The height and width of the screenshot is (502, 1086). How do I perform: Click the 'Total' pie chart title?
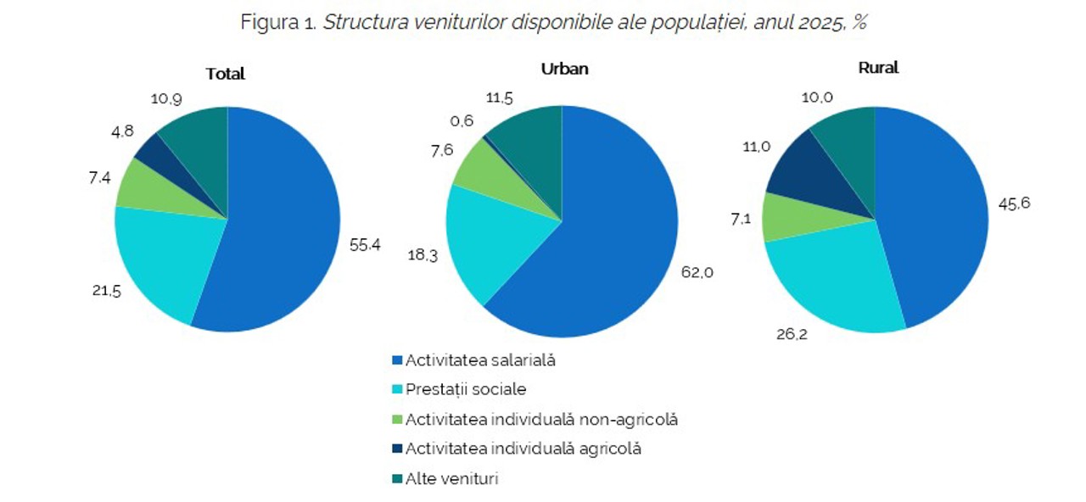click(x=225, y=74)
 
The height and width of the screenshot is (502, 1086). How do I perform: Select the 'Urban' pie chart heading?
click(x=564, y=70)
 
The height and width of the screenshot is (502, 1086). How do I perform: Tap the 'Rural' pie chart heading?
click(x=878, y=68)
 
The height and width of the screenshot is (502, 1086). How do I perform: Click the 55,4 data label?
click(x=365, y=245)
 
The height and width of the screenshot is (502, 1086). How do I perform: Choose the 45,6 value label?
click(x=1013, y=204)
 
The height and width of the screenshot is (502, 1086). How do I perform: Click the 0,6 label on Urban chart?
click(x=462, y=121)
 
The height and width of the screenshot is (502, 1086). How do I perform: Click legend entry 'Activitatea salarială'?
click(x=480, y=360)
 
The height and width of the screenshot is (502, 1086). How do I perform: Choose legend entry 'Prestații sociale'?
click(x=466, y=389)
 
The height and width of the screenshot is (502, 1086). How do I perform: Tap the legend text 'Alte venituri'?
click(x=451, y=478)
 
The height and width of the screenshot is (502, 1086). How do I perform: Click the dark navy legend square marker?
click(x=396, y=449)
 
